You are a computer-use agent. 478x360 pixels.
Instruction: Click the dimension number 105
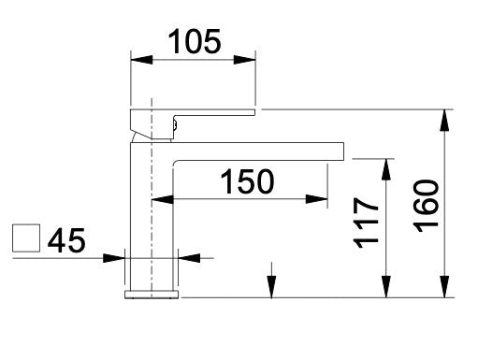(195, 41)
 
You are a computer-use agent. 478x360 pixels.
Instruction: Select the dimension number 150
(247, 181)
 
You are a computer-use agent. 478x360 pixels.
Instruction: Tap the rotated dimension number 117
(366, 223)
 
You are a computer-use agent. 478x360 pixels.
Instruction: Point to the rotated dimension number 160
(427, 206)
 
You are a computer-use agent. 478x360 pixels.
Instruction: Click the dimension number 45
(66, 240)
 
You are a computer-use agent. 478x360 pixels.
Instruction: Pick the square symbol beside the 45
(26, 238)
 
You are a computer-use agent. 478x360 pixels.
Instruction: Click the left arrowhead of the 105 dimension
(141, 60)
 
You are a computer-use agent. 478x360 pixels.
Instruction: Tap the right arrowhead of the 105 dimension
(245, 60)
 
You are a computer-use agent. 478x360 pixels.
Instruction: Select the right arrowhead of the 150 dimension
(316, 199)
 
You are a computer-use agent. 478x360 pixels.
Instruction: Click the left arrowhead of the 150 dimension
(162, 199)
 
